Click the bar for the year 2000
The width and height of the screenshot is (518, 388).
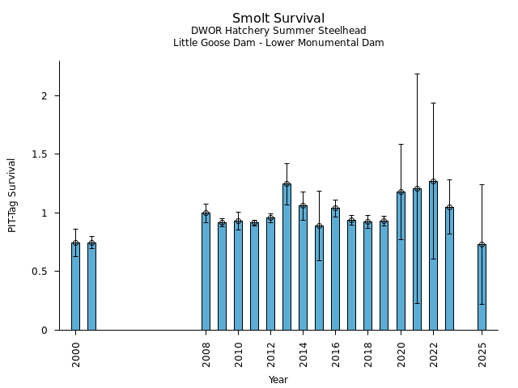[x=75, y=286]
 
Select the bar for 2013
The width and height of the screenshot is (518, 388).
[x=287, y=257]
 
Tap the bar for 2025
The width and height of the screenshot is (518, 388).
[x=482, y=287]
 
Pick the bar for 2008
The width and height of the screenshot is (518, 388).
[x=206, y=272]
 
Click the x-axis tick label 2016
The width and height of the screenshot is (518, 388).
[x=336, y=354]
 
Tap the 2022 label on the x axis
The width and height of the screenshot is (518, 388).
[x=433, y=354]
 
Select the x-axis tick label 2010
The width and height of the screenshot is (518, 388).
[x=238, y=354]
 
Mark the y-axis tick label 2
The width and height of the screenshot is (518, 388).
[x=45, y=95]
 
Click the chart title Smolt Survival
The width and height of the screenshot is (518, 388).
[x=278, y=19]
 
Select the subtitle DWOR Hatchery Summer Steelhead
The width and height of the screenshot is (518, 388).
[x=278, y=32]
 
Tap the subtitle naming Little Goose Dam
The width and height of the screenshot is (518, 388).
[x=278, y=43]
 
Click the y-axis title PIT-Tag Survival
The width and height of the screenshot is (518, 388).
[x=12, y=195]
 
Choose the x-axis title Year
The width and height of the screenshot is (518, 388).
[x=278, y=380]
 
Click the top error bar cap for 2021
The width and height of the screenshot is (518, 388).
[x=417, y=74]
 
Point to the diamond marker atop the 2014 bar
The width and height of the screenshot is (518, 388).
[x=303, y=205]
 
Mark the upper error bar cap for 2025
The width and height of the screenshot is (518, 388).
[x=482, y=184]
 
